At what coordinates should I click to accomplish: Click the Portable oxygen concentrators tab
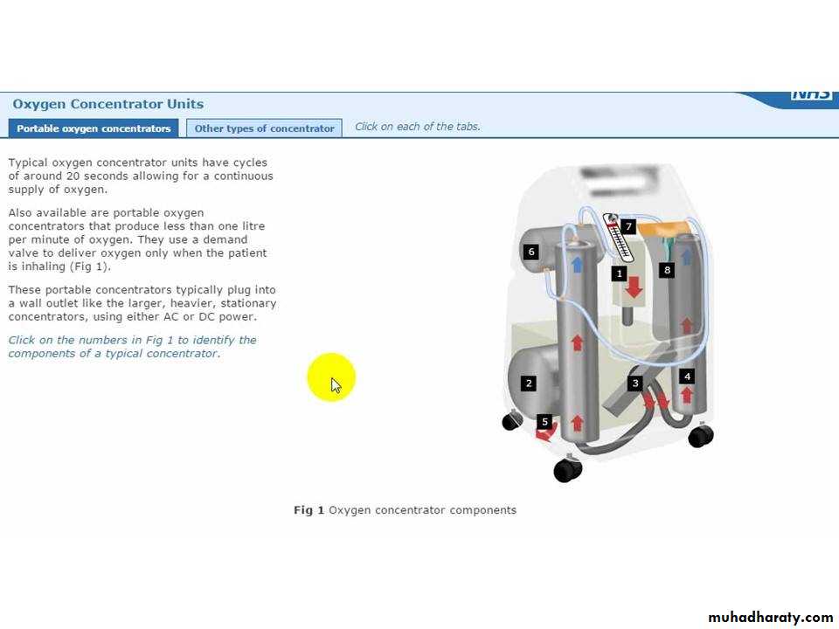click(94, 128)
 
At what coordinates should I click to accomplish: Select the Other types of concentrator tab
click(264, 128)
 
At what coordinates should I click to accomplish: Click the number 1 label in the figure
click(619, 273)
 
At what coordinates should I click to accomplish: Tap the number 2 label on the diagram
click(529, 383)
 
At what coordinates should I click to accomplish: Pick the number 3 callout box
click(635, 383)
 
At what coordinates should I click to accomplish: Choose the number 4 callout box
click(687, 377)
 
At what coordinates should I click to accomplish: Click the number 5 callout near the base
click(544, 421)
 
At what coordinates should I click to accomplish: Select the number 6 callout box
click(530, 252)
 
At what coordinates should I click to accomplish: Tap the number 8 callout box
click(667, 270)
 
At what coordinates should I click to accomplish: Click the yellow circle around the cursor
click(331, 377)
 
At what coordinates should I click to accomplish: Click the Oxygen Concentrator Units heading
click(108, 104)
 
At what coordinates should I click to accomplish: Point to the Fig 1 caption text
click(405, 510)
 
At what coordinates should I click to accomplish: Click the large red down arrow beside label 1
click(634, 287)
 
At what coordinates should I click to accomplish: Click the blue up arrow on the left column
click(577, 265)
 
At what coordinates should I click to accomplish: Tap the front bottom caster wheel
click(568, 470)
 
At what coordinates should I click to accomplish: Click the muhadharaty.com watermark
click(771, 618)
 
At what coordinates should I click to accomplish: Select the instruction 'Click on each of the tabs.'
click(418, 127)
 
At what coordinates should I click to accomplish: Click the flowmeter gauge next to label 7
click(618, 238)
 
